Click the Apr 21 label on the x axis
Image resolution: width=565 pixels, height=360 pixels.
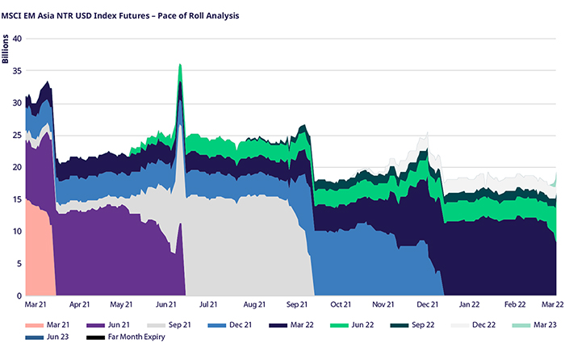80,305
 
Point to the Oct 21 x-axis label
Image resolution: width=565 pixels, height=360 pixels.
341,305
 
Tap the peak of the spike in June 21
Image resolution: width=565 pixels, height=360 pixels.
180,64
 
